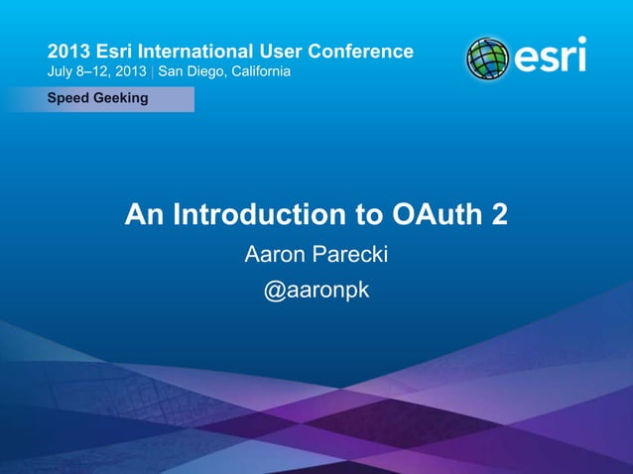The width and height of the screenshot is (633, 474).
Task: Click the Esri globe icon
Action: [x=487, y=59]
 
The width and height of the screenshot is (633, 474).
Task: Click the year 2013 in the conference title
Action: [x=68, y=51]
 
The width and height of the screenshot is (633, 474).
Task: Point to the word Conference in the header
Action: [x=358, y=51]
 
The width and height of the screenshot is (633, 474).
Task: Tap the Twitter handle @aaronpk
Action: [x=316, y=293]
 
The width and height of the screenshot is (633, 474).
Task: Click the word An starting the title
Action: [x=142, y=214]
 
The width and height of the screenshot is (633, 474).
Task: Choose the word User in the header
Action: [x=277, y=51]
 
